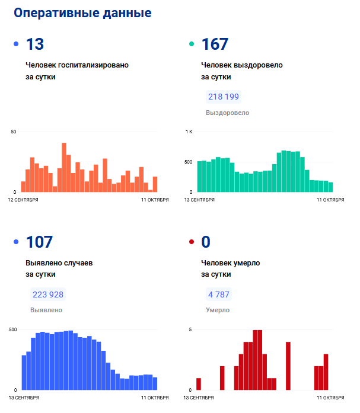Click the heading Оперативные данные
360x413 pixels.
click(x=82, y=13)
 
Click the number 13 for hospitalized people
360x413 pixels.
click(x=35, y=44)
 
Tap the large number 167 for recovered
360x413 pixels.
click(x=215, y=44)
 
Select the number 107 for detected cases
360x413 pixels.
click(x=39, y=242)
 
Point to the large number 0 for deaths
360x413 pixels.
click(x=206, y=242)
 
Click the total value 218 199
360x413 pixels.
click(x=224, y=97)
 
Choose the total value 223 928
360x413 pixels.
click(x=48, y=294)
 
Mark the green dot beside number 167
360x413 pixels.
click(x=192, y=44)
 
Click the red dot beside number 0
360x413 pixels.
click(x=192, y=242)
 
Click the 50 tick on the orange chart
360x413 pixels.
click(x=14, y=132)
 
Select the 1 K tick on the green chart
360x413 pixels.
click(x=189, y=132)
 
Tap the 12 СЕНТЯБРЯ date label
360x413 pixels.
click(x=23, y=200)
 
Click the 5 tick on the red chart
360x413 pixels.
click(x=190, y=329)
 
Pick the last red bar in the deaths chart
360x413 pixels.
click(x=326, y=372)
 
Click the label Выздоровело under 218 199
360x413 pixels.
click(x=227, y=113)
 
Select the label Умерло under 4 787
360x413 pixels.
click(x=218, y=310)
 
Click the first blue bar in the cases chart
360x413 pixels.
click(x=24, y=372)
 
